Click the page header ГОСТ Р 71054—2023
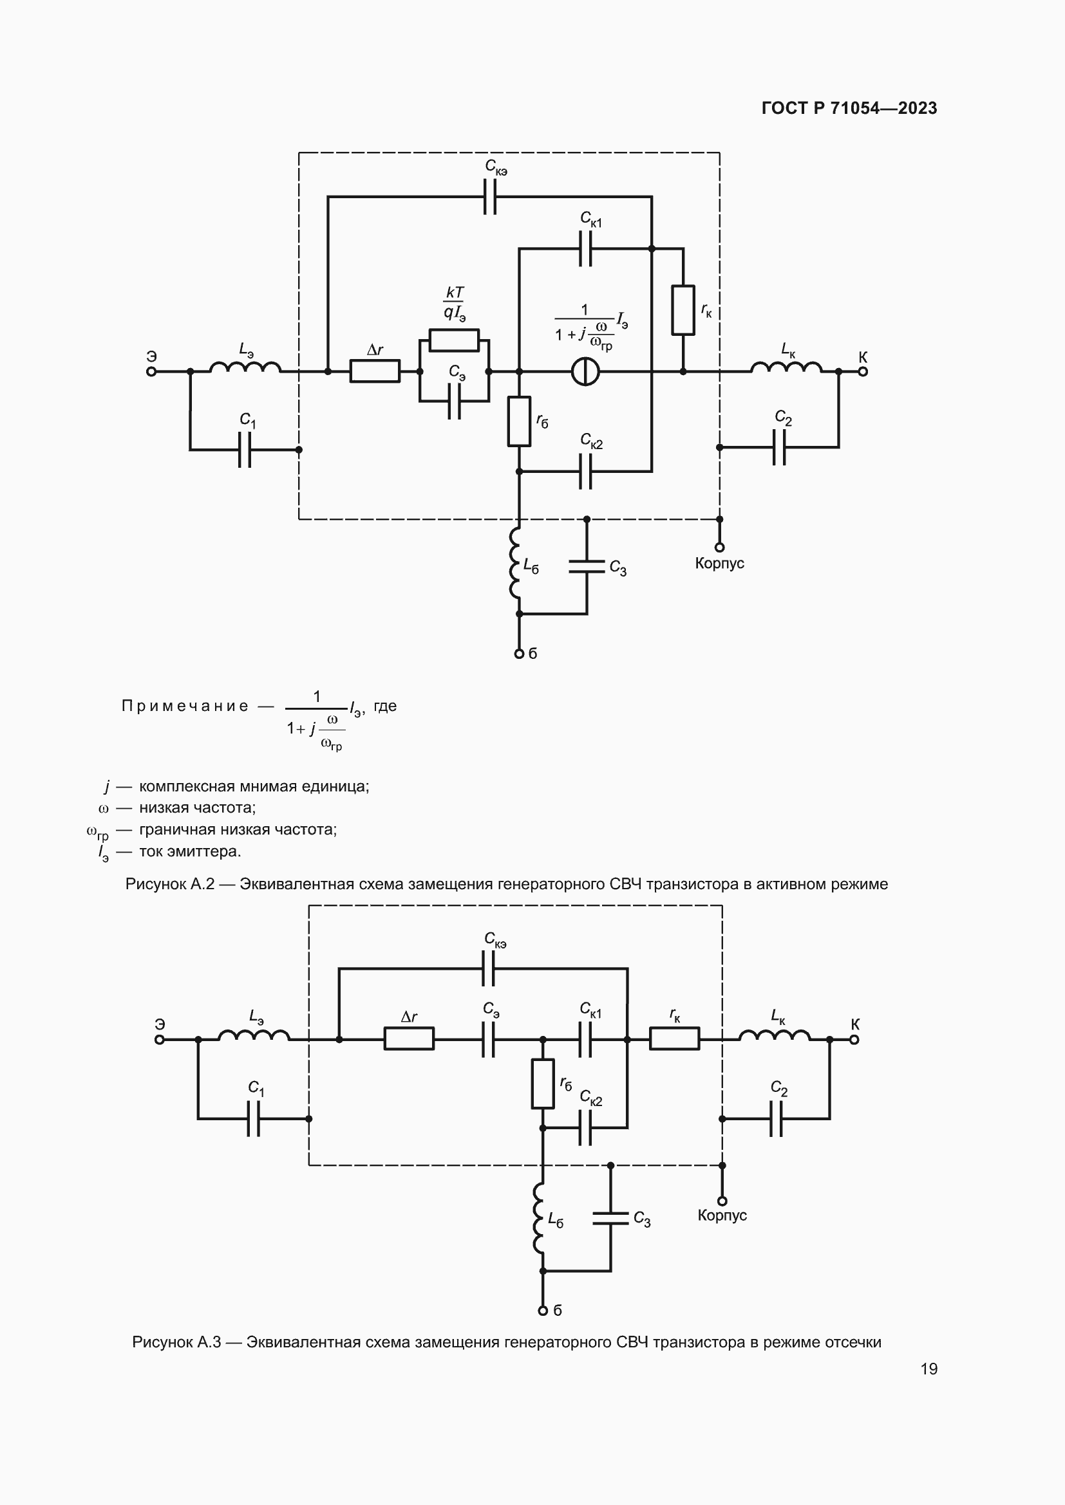tap(849, 108)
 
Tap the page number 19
tap(928, 1369)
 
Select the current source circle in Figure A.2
tap(585, 372)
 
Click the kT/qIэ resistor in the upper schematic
tap(454, 340)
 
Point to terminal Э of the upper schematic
tap(151, 372)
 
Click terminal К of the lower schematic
tap(854, 1040)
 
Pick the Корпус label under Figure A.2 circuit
tap(719, 564)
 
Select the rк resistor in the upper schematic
tap(683, 309)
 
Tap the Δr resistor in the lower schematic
tap(409, 1039)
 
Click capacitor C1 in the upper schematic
tap(245, 450)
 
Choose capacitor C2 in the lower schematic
tap(777, 1119)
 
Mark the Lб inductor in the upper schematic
tap(516, 564)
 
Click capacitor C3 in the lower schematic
tap(610, 1218)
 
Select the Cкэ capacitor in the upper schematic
tap(489, 196)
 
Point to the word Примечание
tap(185, 706)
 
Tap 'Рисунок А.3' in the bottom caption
tap(176, 1337)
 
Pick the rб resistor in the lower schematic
tap(543, 1084)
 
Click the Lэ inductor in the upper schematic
tap(246, 369)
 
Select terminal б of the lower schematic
tap(543, 1311)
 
